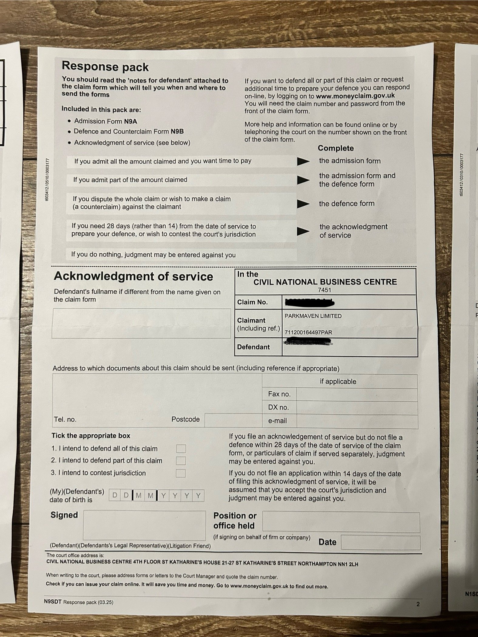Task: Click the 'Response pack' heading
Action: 105,67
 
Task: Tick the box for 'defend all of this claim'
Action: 181,449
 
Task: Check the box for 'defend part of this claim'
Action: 181,461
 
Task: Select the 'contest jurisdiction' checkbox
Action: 181,473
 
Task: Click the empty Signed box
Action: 144,525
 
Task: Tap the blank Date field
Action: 380,542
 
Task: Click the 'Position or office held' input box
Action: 341,522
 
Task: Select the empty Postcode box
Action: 233,420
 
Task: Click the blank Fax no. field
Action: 357,394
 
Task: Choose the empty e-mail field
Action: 357,421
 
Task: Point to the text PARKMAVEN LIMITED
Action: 313,316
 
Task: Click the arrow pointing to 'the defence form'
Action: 303,204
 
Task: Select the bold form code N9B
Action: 177,132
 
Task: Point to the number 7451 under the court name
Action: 325,290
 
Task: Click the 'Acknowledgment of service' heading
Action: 133,277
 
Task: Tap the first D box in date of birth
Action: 115,496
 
